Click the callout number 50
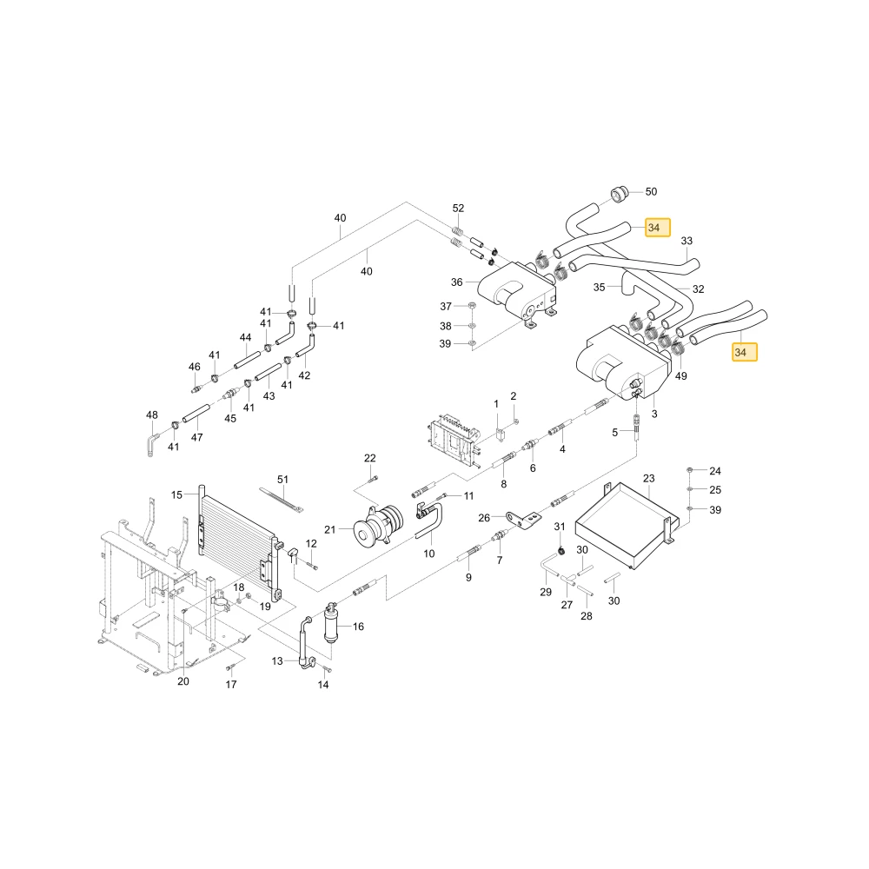(x=651, y=192)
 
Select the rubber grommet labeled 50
(x=620, y=195)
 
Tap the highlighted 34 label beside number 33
(x=657, y=227)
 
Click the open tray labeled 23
(x=627, y=526)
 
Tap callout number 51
(x=282, y=480)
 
